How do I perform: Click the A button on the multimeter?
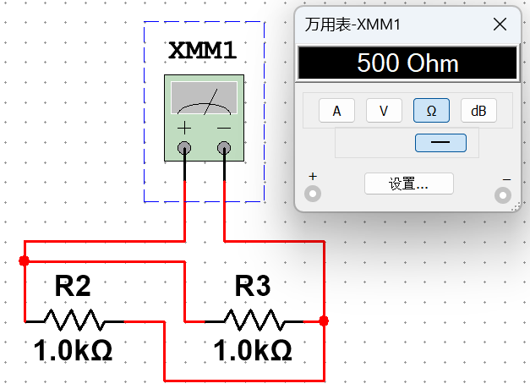point(336,111)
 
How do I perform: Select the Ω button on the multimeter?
point(431,111)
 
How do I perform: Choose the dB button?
point(478,111)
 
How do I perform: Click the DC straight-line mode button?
point(440,143)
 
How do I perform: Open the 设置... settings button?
point(408,184)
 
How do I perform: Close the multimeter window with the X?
point(500,25)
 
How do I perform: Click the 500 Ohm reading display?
point(407,63)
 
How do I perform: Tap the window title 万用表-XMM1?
point(355,25)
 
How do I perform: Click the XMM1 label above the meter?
point(202,51)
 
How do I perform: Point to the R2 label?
point(73,287)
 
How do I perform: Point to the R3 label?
point(253,287)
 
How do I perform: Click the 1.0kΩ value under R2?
point(73,349)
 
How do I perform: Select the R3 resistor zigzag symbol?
point(254,321)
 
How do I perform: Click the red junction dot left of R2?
point(24,260)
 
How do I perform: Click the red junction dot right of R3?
point(324,321)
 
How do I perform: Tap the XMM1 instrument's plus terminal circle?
point(184,150)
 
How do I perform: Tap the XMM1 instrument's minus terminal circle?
point(224,150)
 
